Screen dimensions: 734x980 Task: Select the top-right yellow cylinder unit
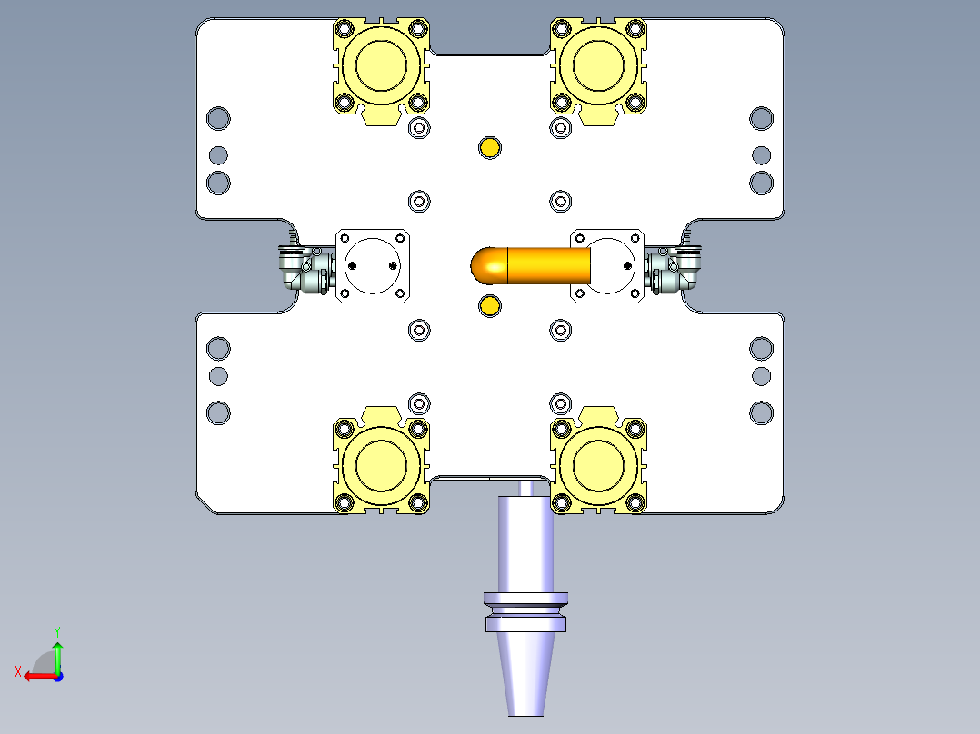pos(599,65)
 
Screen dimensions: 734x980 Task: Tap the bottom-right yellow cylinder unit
pos(599,465)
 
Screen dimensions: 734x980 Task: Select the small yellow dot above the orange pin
pos(490,147)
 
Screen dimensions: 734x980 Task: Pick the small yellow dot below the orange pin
pos(489,305)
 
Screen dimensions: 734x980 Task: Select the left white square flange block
pos(373,265)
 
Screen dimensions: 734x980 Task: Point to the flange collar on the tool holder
pos(525,610)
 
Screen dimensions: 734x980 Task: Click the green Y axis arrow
pos(57,654)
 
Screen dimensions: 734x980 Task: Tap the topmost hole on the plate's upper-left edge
pos(218,118)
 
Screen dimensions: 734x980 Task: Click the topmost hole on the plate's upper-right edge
pos(761,118)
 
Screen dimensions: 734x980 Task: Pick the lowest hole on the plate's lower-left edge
pos(218,412)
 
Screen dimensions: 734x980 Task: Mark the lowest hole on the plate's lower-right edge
pos(761,412)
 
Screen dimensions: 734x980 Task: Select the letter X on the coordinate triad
pos(17,671)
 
